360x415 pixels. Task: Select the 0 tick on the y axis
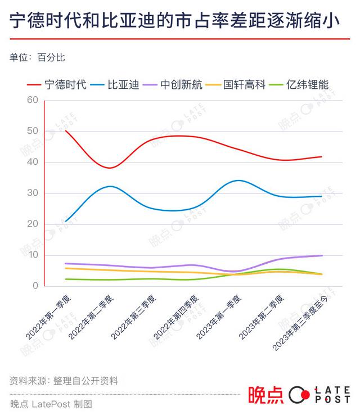[35, 286]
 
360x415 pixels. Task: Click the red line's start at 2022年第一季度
[66, 130]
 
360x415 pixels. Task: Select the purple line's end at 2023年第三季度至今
[322, 255]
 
